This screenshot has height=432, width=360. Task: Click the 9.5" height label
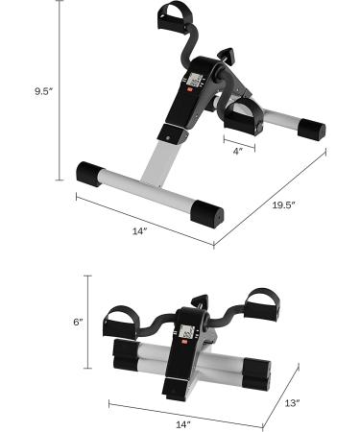pos(42,91)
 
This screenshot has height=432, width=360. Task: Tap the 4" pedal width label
pos(236,150)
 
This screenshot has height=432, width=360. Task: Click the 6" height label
pos(78,323)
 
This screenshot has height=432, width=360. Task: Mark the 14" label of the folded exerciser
pos(183,422)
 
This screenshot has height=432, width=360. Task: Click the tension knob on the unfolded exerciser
pos(227,56)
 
